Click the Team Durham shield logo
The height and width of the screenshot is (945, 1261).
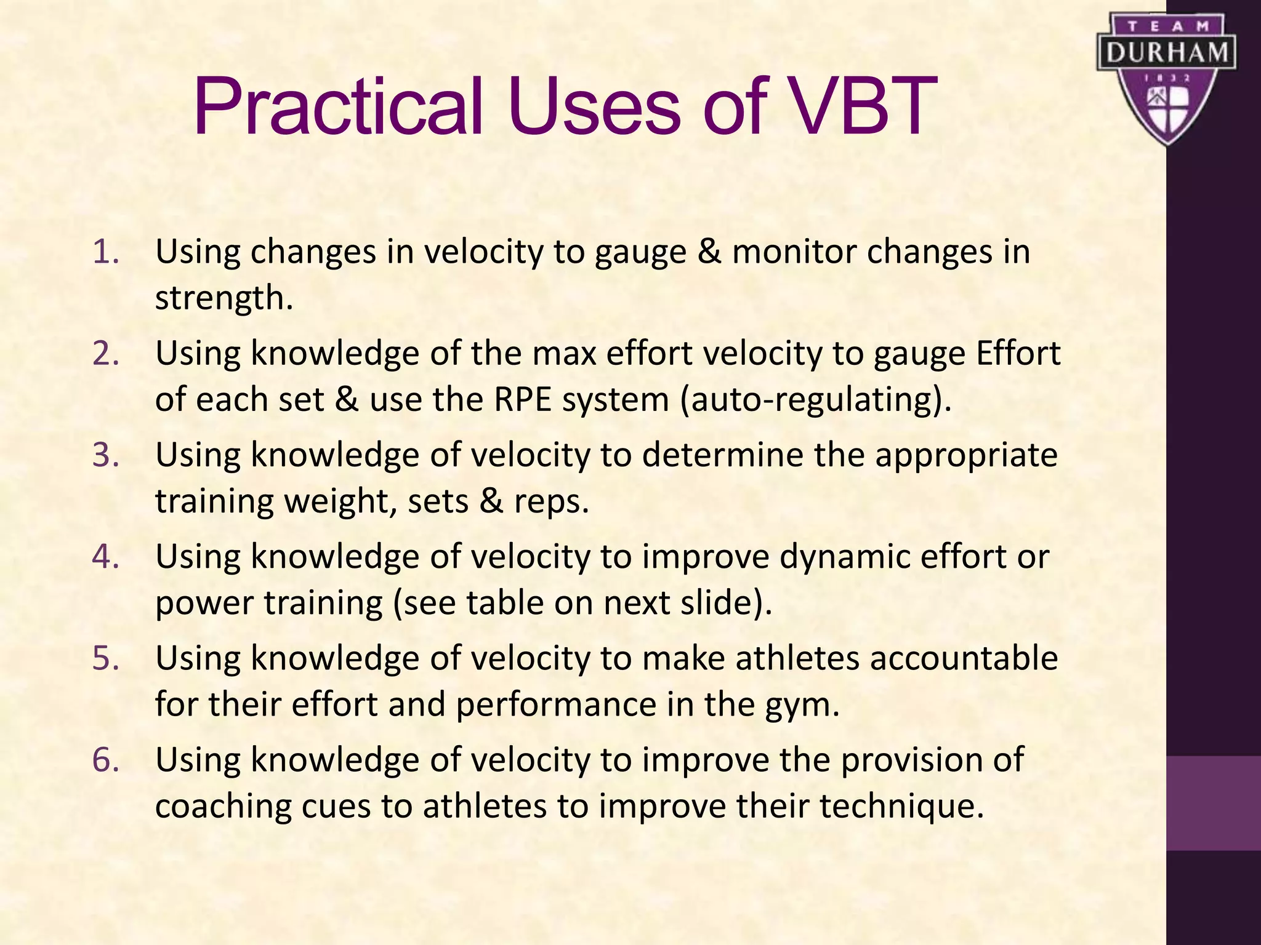coord(1166,79)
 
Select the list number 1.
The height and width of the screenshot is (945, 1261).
coord(105,252)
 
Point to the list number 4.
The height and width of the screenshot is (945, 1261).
coord(105,557)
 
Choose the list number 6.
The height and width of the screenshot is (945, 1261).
coord(105,760)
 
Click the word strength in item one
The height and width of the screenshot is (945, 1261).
coord(223,298)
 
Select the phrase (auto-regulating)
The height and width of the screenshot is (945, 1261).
coord(816,400)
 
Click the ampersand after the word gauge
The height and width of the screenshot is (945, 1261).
coord(709,252)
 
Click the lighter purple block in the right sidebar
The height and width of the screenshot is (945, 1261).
coord(1213,803)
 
